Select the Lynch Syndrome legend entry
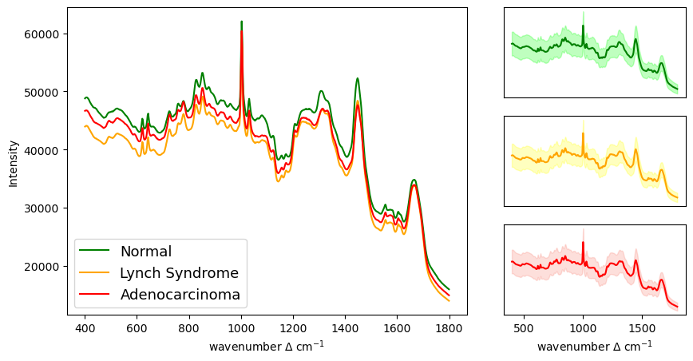pyautogui.click(x=179, y=273)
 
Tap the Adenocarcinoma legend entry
pyautogui.click(x=180, y=295)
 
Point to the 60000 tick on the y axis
pyautogui.click(x=46, y=34)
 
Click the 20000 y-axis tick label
pyautogui.click(x=46, y=266)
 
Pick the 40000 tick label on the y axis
pyautogui.click(x=46, y=150)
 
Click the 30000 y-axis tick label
pyautogui.click(x=46, y=208)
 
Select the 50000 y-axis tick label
pyautogui.click(x=46, y=92)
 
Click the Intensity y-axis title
pyautogui.click(x=13, y=163)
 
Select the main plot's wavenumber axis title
pyautogui.click(x=267, y=347)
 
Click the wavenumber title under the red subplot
pyautogui.click(x=595, y=347)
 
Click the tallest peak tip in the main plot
pyautogui.click(x=241, y=22)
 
